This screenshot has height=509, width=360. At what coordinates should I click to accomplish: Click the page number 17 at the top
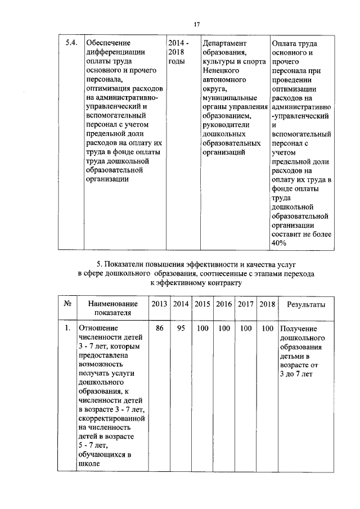pos(196,24)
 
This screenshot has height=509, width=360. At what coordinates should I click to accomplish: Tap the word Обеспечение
pos(107,43)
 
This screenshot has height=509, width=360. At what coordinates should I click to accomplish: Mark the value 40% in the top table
pos(280,242)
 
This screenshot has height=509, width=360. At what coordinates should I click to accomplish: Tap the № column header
pos(67,304)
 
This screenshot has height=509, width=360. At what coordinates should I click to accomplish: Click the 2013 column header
pos(159,304)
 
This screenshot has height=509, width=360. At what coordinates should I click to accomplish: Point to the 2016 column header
pos(224,304)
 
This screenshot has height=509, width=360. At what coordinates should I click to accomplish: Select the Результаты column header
pos(306,304)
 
